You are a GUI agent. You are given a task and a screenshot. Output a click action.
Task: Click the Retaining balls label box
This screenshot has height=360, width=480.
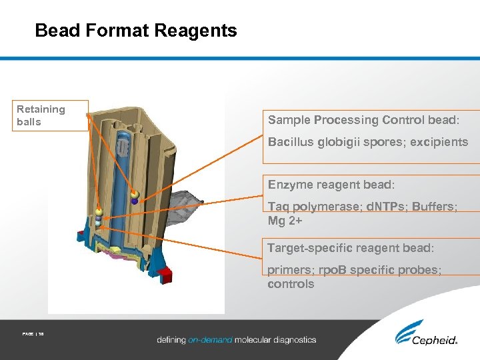51,115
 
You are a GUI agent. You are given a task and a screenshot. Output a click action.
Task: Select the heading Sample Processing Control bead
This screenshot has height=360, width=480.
363,120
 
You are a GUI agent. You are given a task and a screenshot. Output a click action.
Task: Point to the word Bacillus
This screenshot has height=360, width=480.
291,142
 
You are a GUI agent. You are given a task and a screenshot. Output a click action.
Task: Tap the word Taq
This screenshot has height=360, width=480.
279,207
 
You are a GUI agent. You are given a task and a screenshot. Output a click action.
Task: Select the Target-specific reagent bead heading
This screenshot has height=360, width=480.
351,248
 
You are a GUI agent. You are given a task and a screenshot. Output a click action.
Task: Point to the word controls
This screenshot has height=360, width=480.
291,284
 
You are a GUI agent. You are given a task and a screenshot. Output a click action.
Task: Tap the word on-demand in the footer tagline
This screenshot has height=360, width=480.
210,339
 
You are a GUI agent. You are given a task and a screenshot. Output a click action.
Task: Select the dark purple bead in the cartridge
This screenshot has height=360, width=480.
135,200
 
